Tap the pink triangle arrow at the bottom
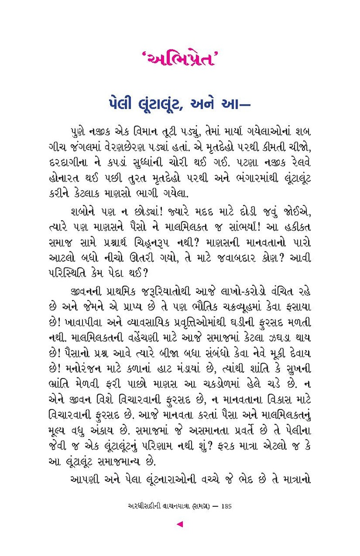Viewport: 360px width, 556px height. (x=180, y=524)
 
